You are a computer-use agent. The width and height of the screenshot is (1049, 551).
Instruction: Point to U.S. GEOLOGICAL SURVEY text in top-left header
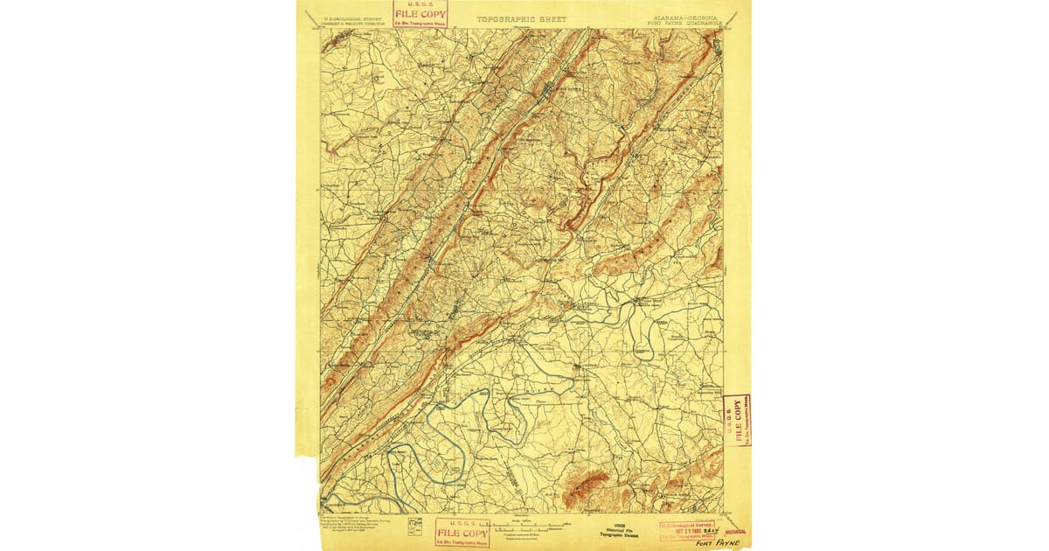(x=352, y=17)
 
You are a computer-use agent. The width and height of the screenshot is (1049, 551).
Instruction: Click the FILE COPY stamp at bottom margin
(x=462, y=533)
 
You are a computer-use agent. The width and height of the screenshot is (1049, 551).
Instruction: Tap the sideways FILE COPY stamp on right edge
(x=737, y=421)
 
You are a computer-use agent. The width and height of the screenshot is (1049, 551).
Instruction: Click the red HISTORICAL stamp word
(x=736, y=531)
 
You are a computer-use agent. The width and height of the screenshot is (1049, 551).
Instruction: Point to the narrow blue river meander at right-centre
(x=647, y=337)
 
